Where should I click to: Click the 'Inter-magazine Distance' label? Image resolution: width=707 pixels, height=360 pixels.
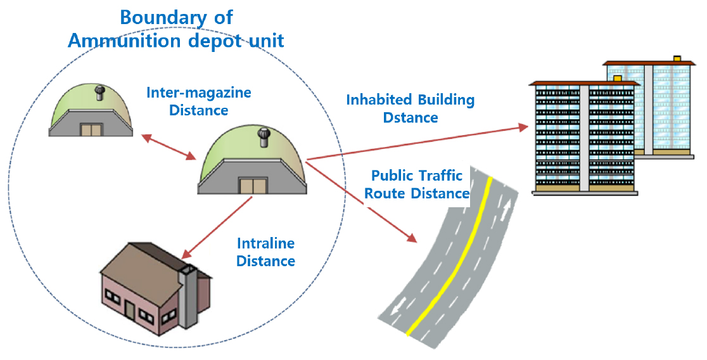[x=199, y=101]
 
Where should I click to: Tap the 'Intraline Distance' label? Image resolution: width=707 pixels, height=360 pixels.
[x=266, y=252]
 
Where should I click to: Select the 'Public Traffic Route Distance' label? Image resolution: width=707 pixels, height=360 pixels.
[x=417, y=184]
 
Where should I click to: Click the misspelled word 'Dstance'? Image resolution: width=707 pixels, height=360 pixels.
[x=411, y=118]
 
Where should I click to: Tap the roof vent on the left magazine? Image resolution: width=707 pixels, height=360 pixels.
[x=99, y=93]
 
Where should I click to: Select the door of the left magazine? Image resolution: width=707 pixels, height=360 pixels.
[x=91, y=130]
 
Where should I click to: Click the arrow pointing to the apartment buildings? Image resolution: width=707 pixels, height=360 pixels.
[x=417, y=143]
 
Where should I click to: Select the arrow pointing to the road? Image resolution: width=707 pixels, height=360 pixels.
[x=361, y=203]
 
